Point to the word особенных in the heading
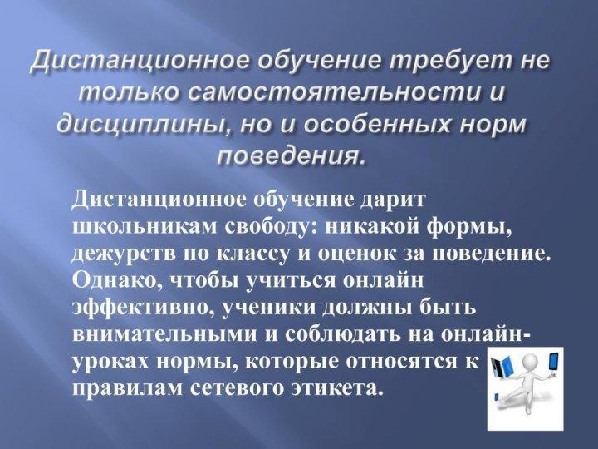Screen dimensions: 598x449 pos(382,124)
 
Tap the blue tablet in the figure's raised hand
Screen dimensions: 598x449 pos(552,362)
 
